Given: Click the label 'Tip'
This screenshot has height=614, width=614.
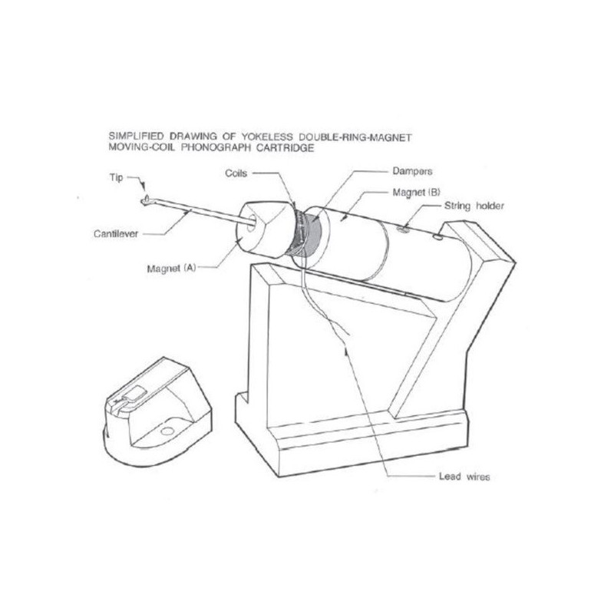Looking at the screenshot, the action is point(116,178).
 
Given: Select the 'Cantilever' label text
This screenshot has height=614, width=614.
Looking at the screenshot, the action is point(116,234).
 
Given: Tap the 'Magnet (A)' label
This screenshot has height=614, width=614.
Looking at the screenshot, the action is point(171,269).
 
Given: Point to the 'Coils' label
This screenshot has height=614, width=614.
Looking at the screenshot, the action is point(236,173).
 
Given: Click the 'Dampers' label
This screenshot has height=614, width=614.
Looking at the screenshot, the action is point(412,171).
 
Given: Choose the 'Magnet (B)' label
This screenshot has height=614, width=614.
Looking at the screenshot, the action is point(416,193).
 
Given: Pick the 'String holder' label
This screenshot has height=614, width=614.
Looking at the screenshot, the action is point(474,206).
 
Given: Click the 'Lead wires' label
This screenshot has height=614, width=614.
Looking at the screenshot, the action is point(464,477).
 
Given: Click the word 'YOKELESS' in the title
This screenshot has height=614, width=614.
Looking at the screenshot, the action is point(266,137).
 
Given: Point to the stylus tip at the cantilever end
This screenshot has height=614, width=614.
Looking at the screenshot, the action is point(146,199).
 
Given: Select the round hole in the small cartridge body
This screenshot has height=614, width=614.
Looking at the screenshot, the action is point(167,431).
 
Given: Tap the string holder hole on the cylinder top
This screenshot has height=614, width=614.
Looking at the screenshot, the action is point(402,229).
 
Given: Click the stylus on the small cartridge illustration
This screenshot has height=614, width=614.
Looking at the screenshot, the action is point(117,401).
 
